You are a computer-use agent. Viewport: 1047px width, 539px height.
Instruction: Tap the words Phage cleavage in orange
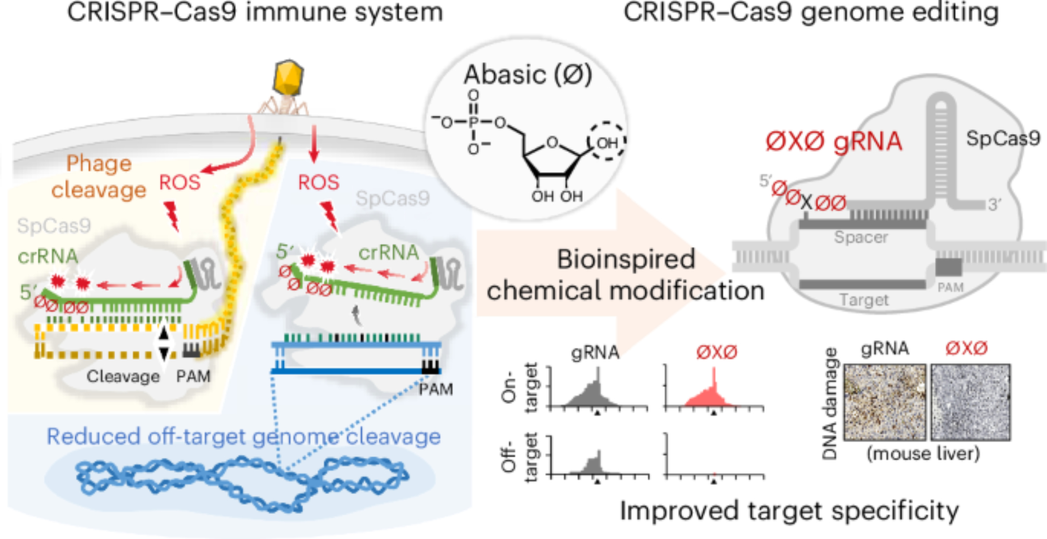tap(99, 177)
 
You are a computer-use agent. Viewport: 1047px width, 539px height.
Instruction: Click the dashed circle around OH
tap(607, 142)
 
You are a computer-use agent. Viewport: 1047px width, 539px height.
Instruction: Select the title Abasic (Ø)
tap(528, 74)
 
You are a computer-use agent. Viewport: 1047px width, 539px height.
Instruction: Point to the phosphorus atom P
tap(474, 123)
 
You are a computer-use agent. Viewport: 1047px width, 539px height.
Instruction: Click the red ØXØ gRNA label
tap(834, 141)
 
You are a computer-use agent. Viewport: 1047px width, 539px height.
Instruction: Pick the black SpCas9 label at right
tap(1003, 138)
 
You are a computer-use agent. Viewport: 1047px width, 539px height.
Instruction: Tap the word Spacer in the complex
tap(861, 237)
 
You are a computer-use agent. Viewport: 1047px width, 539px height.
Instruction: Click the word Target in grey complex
tap(864, 300)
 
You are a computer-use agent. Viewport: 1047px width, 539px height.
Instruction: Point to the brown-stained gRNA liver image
tap(885, 402)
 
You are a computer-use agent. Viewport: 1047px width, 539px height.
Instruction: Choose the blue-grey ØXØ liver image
tap(971, 402)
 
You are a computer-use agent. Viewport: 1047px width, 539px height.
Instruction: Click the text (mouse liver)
tap(923, 453)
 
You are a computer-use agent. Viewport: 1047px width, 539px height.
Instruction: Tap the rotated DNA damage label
tap(830, 403)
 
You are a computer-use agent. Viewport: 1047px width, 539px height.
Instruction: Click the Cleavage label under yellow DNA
tap(123, 376)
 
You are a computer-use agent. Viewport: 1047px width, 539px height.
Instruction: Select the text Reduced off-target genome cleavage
tap(243, 436)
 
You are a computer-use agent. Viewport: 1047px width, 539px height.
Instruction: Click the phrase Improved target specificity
tap(789, 511)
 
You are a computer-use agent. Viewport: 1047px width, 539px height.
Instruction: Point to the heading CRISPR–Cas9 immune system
tap(255, 12)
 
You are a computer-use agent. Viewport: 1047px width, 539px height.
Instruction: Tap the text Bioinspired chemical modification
tap(626, 275)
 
